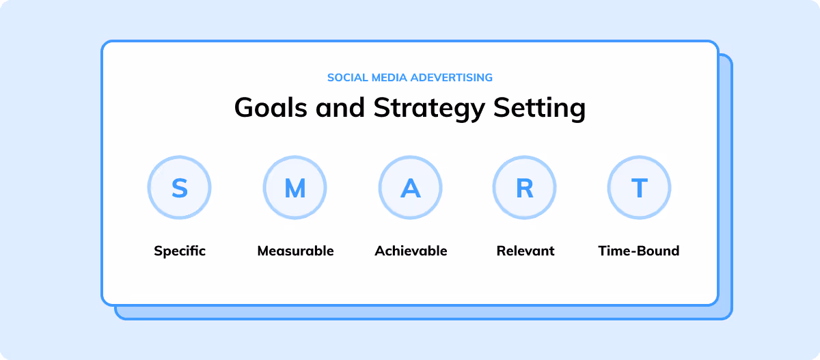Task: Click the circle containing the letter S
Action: (180, 188)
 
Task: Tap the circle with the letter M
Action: (295, 188)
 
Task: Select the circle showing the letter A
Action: (410, 188)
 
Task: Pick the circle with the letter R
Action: (525, 188)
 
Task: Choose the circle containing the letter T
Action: (640, 188)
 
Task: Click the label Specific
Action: (180, 251)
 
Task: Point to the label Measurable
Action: (295, 251)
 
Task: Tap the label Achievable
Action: (411, 251)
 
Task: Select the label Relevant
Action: (525, 251)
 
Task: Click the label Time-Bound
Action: (639, 251)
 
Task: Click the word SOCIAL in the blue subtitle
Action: (344, 77)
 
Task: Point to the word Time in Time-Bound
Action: (613, 251)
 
